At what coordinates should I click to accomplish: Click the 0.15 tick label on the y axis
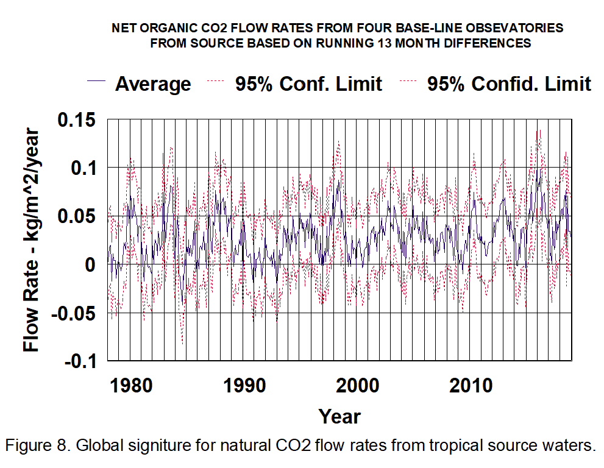pos(77,119)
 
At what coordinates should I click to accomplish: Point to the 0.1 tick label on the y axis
pos(84,167)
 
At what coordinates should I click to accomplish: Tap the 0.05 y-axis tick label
pos(77,216)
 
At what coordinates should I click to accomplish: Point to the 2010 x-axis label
pos(471,386)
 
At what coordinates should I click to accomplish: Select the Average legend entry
pos(153,83)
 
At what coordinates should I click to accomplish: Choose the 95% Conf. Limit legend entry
pos(309,83)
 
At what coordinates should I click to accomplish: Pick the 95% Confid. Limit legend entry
pos(509,83)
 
